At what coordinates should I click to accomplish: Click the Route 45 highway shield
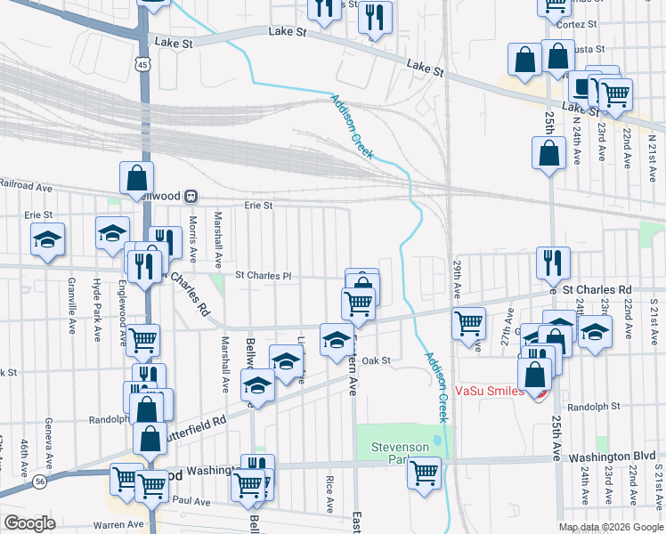point(142,63)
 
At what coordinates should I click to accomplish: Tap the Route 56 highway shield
point(41,481)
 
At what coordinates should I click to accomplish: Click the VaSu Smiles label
point(488,390)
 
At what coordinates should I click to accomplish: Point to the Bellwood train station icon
point(203,196)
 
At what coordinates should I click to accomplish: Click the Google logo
point(29,522)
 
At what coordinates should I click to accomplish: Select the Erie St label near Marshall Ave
point(259,205)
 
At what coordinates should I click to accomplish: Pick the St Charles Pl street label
point(263,276)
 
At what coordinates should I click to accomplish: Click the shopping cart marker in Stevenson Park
point(425,471)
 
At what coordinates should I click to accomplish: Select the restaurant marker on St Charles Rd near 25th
point(553,262)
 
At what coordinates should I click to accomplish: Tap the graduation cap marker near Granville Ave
point(47,239)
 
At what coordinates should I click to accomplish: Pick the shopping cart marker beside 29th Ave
point(468,323)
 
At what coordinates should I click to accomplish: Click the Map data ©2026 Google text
point(611,527)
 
